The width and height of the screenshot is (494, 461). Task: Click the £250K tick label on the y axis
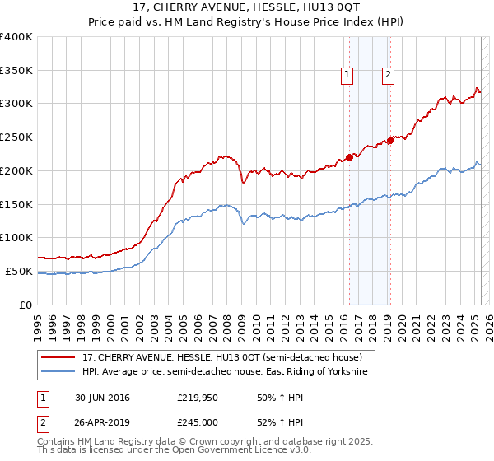16,137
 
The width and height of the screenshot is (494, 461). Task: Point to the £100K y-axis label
16,237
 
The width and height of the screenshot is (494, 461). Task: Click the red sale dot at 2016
349,156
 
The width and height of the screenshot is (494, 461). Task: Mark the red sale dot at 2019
390,140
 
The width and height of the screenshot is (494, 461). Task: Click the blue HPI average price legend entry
227,372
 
